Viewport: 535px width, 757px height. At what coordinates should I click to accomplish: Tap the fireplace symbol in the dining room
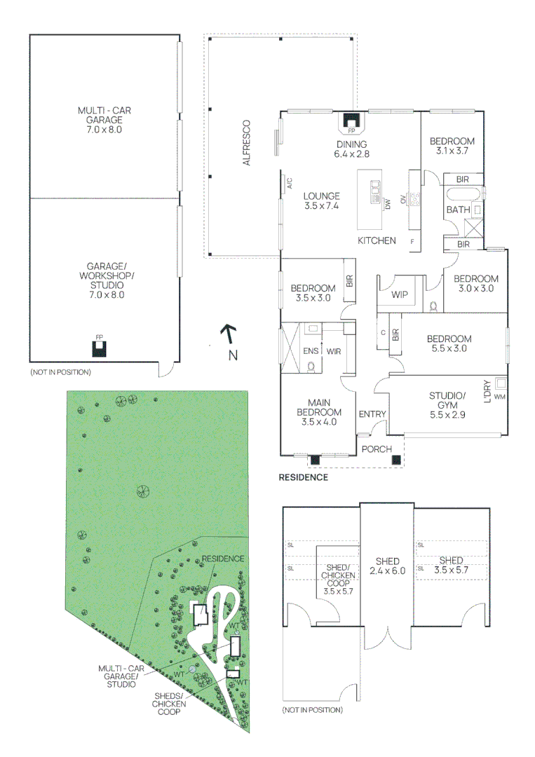[351, 123]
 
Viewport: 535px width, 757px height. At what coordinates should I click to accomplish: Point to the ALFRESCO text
[247, 143]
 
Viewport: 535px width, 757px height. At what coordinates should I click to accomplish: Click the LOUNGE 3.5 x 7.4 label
[322, 201]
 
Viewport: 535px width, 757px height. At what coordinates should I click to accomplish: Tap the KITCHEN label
[377, 240]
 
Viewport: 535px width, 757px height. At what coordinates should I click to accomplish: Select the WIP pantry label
[400, 294]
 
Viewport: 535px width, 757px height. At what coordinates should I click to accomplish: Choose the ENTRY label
[372, 414]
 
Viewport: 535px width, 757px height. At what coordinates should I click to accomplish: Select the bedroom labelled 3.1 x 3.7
[452, 145]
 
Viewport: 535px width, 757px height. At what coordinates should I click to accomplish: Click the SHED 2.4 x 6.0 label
[387, 566]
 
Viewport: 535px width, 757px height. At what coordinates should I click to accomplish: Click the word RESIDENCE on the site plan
[223, 558]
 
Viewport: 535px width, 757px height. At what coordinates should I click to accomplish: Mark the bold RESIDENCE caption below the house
[304, 477]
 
